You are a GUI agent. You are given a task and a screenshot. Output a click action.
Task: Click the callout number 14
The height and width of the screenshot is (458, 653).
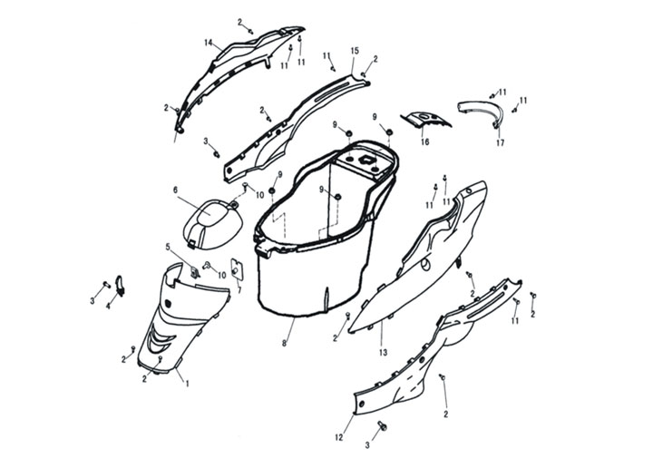click(209, 43)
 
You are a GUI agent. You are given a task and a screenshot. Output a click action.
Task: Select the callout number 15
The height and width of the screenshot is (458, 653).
click(355, 51)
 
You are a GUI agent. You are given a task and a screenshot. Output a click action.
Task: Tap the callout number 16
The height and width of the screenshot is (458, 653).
click(424, 142)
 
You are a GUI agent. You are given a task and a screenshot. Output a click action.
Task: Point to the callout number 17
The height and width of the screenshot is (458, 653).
click(500, 142)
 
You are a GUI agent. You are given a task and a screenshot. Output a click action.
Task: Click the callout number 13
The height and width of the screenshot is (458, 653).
click(383, 353)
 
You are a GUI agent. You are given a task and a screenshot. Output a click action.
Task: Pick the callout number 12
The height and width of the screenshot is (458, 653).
click(339, 438)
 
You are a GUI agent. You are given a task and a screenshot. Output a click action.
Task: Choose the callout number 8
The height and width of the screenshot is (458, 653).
click(285, 344)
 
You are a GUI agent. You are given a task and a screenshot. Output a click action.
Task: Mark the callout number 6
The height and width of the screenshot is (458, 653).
click(175, 190)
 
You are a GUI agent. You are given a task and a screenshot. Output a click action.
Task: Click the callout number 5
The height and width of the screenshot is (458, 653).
click(169, 248)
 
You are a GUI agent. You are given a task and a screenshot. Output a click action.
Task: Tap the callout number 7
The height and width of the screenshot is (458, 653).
click(239, 290)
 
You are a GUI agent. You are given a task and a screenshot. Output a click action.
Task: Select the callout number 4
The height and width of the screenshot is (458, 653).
click(109, 306)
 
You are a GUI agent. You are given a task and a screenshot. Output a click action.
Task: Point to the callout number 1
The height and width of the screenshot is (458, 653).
click(187, 384)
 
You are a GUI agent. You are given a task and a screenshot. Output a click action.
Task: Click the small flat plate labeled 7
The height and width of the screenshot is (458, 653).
click(237, 268)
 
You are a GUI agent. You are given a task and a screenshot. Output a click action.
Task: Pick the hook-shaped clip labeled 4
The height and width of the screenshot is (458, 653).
click(120, 286)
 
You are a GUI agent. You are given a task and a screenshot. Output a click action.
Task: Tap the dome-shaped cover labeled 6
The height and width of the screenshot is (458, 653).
click(213, 225)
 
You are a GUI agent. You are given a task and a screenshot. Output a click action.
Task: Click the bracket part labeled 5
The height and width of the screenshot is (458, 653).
click(195, 271)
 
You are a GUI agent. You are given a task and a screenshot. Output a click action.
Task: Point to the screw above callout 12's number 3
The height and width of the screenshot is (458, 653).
click(383, 425)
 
